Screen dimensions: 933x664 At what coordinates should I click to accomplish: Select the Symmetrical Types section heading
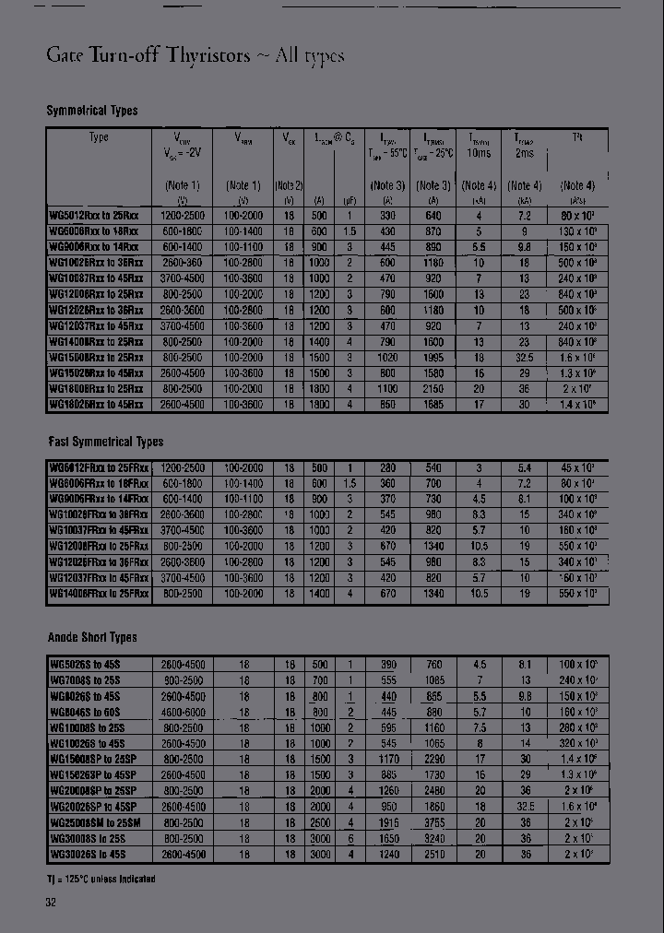(x=92, y=111)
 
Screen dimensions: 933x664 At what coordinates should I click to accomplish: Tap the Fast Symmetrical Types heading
(x=105, y=442)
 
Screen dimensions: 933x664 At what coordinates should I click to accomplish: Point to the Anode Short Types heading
(x=92, y=637)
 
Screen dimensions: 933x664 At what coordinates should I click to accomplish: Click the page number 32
(x=52, y=903)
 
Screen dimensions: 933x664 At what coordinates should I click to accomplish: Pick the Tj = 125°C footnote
(x=101, y=879)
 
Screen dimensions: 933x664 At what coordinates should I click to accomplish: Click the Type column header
(x=99, y=137)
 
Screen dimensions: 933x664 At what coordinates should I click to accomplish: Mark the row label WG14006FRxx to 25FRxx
(x=99, y=595)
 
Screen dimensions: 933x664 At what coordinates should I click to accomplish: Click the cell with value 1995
(x=433, y=357)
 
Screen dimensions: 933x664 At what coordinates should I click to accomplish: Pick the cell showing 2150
(x=433, y=389)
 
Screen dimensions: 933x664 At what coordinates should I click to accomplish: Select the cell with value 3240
(x=433, y=839)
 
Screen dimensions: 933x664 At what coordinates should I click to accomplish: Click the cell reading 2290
(x=433, y=759)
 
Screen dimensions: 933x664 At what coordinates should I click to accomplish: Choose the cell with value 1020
(x=388, y=357)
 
